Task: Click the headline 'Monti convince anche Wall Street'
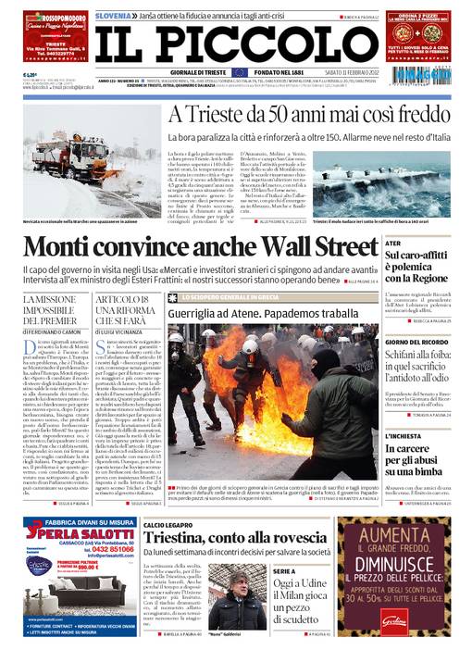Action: click(x=201, y=248)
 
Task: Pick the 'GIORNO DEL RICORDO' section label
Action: click(x=409, y=342)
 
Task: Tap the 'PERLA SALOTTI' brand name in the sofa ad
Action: click(x=93, y=536)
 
